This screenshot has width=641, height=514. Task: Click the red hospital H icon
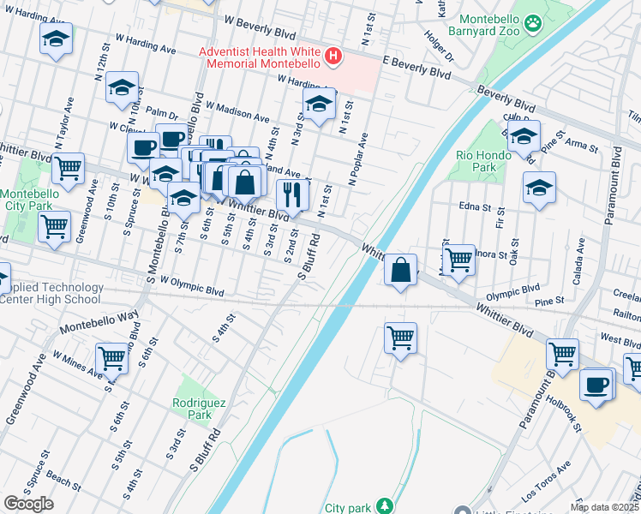pos(333,57)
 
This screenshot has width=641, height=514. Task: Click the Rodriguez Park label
pos(192,408)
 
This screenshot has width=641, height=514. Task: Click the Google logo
pos(28,504)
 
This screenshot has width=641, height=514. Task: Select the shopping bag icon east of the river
pos(400,270)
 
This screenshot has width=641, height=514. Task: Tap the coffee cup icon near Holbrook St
pos(596,384)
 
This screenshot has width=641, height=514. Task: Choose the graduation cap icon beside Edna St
pos(539,188)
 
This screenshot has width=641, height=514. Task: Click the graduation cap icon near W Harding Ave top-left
pos(57,39)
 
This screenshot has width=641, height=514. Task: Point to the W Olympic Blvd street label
pos(186,287)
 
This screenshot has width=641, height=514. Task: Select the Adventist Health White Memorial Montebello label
pos(259,57)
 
